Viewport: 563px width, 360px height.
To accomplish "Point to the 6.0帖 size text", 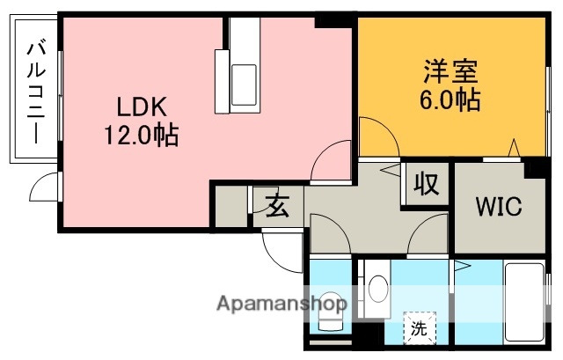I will [449, 99].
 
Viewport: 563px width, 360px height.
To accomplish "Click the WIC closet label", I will [499, 208].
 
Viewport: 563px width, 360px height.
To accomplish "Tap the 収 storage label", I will [427, 184].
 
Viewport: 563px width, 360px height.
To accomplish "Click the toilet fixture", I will [330, 310].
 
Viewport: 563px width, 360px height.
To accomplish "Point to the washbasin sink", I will [378, 290].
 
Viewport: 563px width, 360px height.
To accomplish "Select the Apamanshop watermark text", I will [282, 305].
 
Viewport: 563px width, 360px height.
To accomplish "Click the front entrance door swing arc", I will [283, 246].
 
